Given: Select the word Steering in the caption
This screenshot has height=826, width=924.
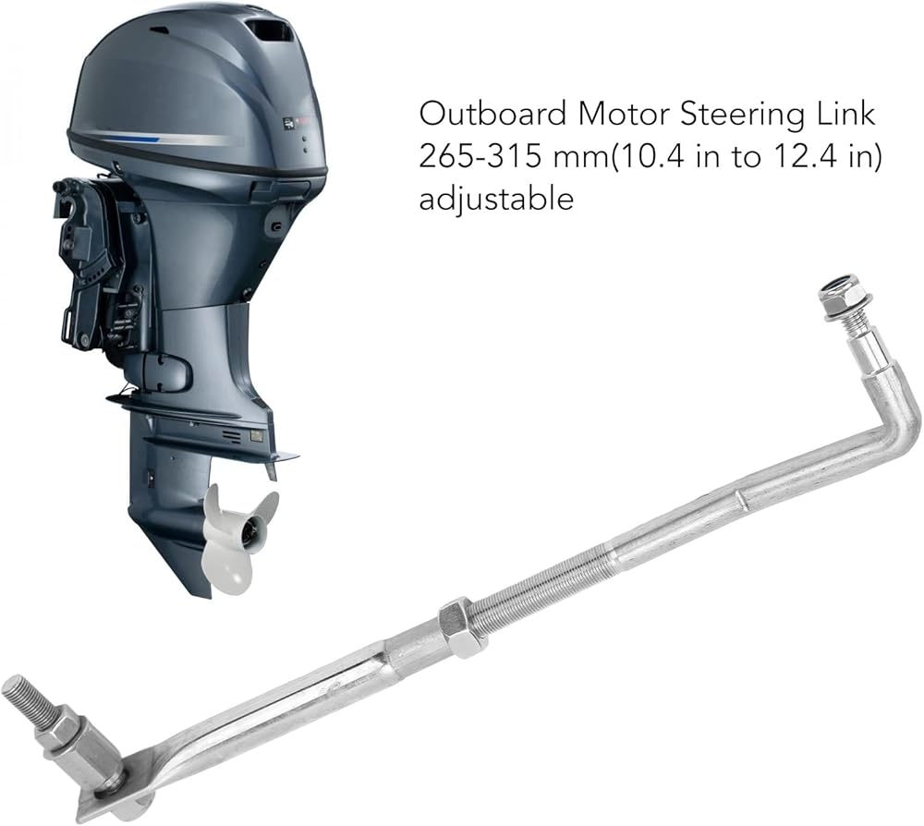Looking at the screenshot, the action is click(x=742, y=115).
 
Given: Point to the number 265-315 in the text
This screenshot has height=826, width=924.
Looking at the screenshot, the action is click(x=480, y=157).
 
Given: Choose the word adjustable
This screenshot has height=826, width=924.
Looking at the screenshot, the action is click(x=496, y=200).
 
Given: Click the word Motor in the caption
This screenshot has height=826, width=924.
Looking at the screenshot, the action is click(x=624, y=114).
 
